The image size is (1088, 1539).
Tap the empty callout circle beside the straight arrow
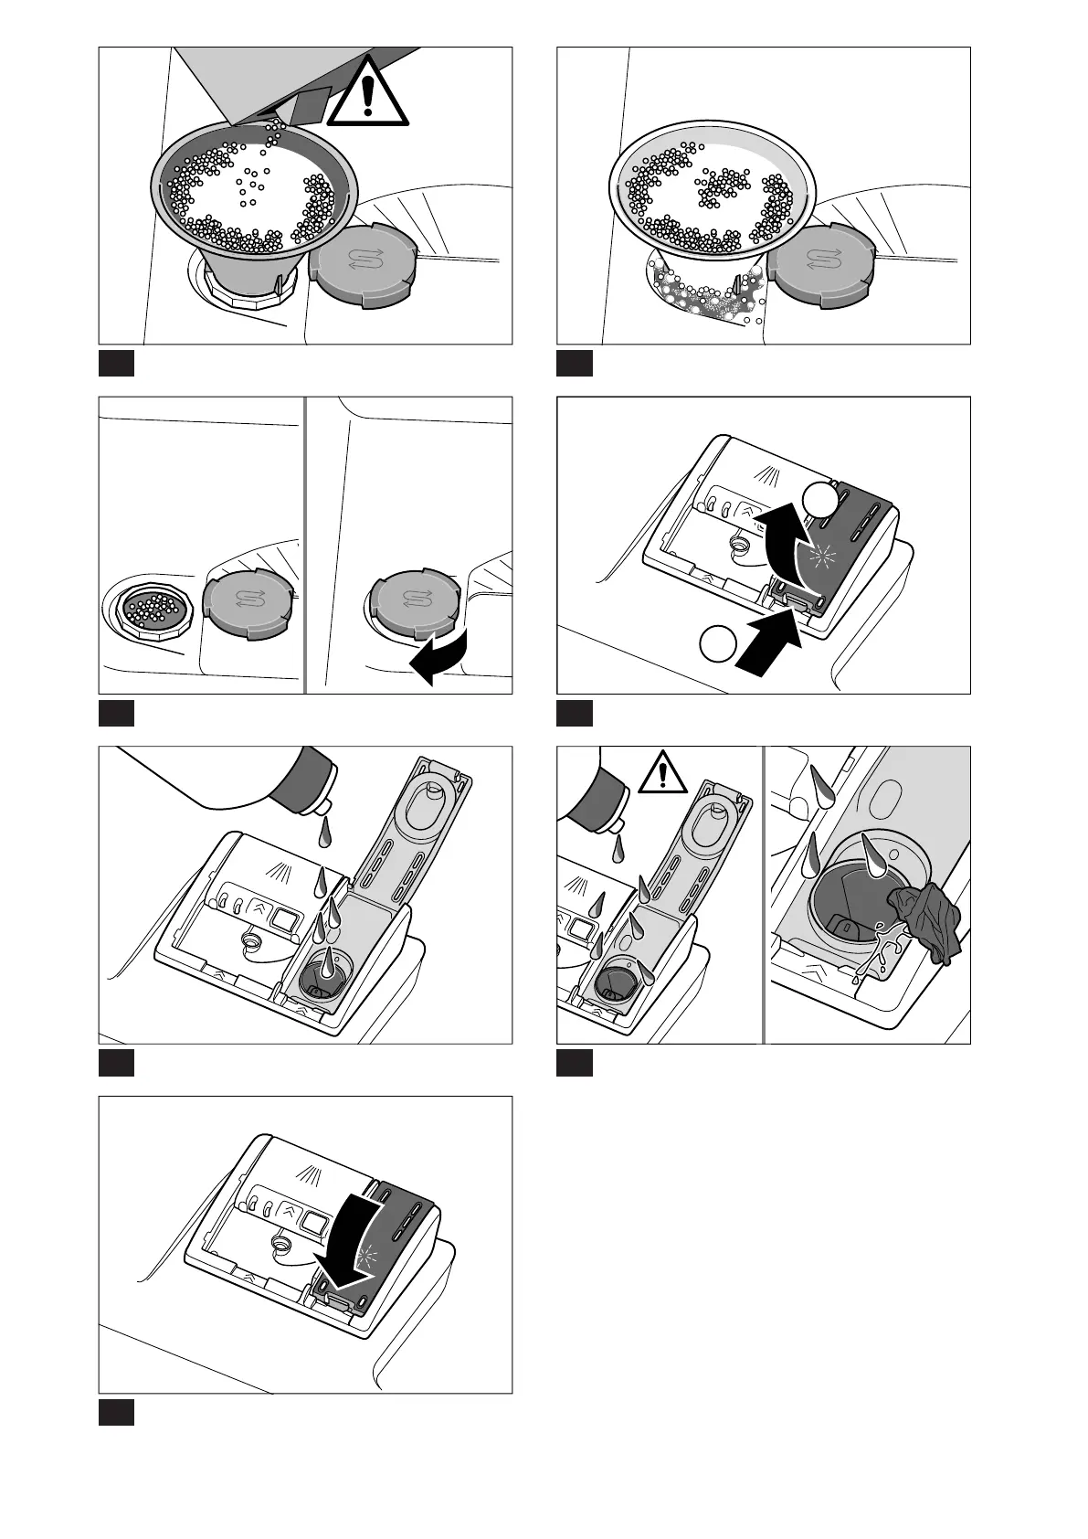tap(718, 643)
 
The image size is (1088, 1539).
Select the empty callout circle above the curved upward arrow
tap(819, 499)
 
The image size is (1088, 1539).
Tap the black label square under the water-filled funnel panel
tap(575, 363)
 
